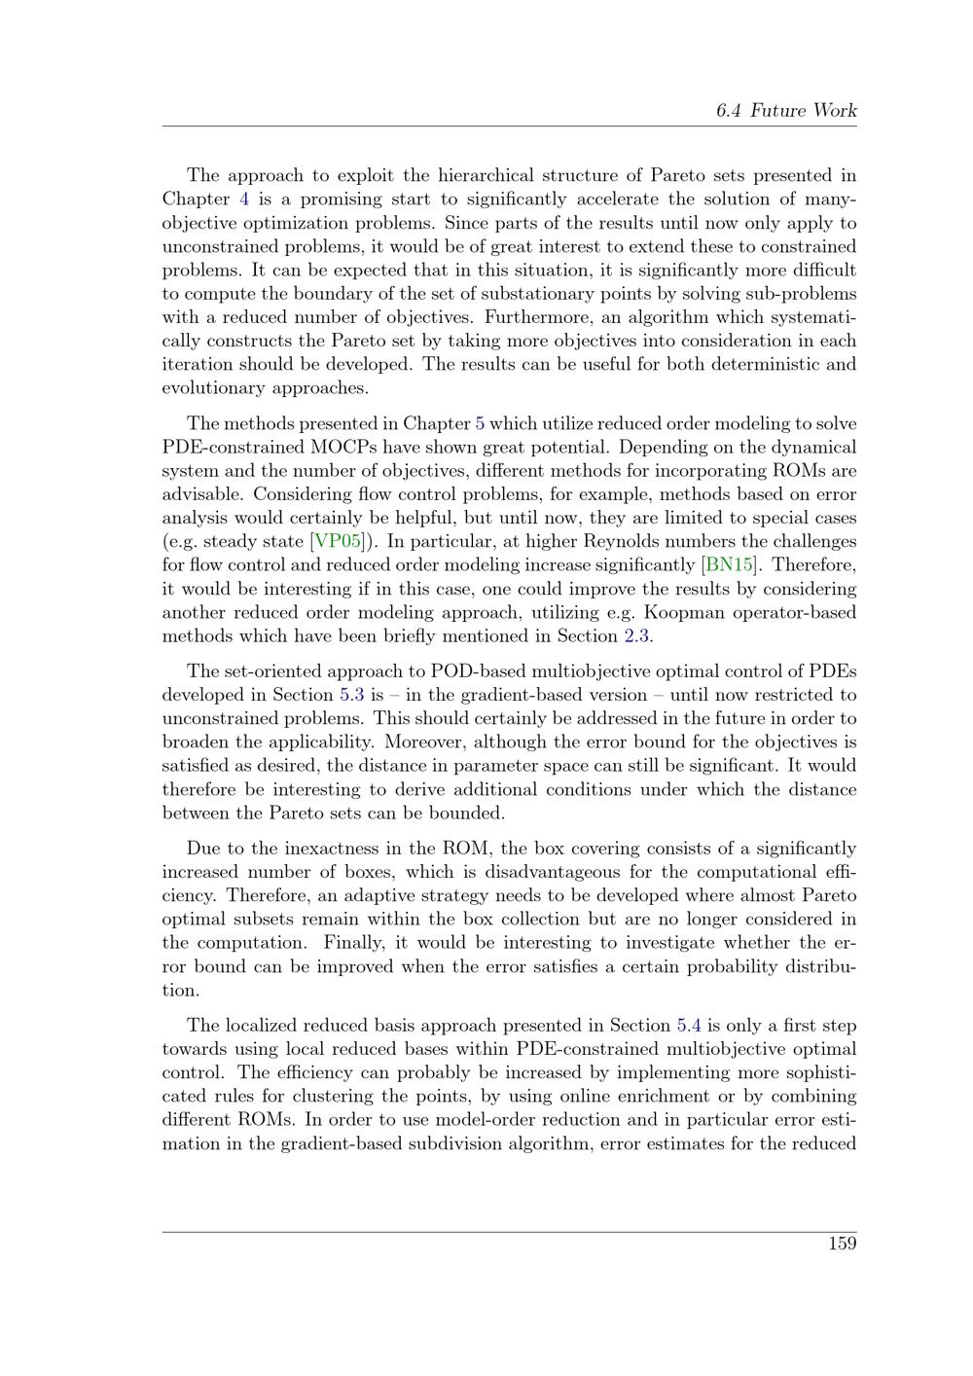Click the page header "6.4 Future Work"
tap(785, 110)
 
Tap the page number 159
tap(842, 1243)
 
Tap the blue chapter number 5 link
tap(479, 424)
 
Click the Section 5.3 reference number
tap(351, 695)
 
